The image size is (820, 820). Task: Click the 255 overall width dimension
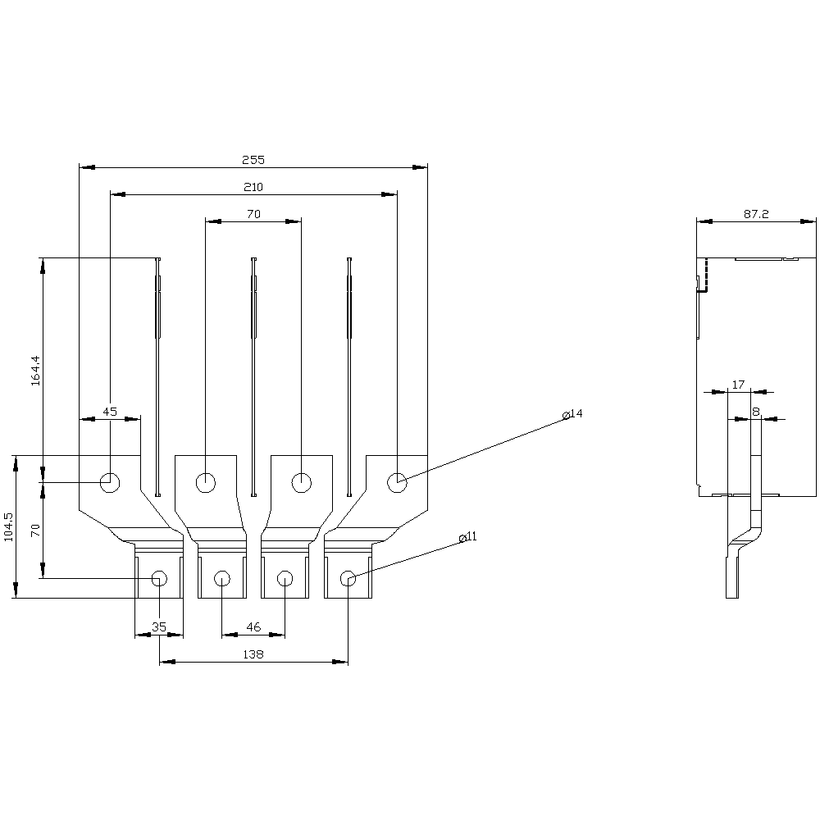click(253, 160)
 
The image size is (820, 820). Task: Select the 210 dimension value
click(253, 187)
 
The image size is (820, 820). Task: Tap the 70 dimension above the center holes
click(253, 214)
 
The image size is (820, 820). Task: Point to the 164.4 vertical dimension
click(35, 371)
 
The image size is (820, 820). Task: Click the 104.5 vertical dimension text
click(9, 526)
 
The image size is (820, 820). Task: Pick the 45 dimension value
click(110, 412)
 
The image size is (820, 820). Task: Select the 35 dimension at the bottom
click(159, 627)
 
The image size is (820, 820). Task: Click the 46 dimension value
click(253, 627)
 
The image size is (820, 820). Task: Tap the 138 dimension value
click(253, 654)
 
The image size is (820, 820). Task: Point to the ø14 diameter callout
click(572, 413)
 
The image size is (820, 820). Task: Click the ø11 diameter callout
click(467, 536)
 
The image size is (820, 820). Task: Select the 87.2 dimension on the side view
click(756, 214)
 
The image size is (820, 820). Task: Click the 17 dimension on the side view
click(738, 385)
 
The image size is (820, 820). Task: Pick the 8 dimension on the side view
click(756, 412)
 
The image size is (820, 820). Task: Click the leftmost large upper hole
click(110, 482)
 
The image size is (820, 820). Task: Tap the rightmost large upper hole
click(397, 482)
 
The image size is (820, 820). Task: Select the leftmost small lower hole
click(160, 578)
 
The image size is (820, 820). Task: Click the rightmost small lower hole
click(348, 578)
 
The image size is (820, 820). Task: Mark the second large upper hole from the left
click(206, 482)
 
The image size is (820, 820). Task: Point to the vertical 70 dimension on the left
click(35, 531)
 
